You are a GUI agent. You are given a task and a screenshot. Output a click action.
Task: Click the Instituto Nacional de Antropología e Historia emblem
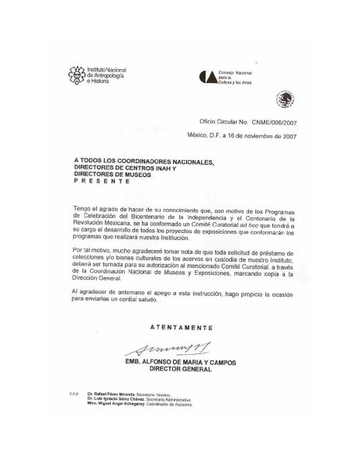click(77, 75)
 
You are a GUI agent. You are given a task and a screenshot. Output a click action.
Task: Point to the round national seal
click(286, 99)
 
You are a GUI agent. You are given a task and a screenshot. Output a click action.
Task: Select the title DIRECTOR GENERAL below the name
click(181, 370)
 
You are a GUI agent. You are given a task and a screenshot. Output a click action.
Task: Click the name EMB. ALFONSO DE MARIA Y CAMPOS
click(181, 362)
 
